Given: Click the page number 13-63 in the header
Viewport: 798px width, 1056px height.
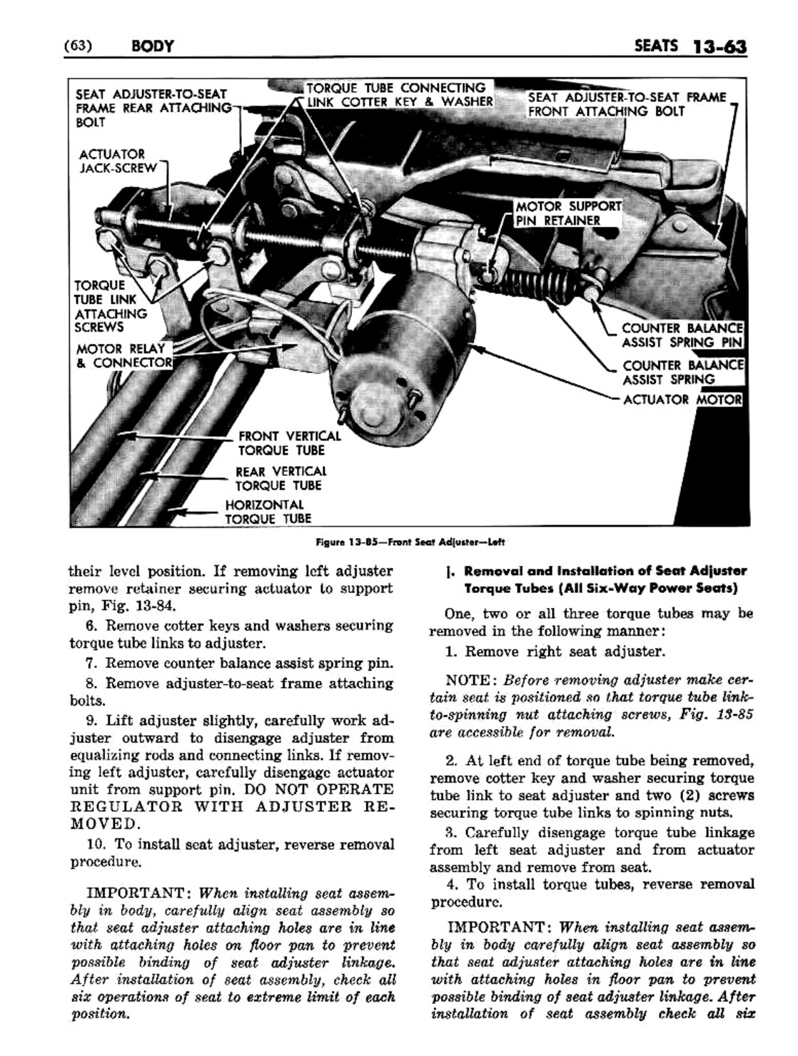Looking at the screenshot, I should pos(718,47).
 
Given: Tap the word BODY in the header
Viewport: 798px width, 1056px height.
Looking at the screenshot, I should pos(152,47).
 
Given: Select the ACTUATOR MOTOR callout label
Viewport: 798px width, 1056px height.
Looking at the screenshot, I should pos(682,400).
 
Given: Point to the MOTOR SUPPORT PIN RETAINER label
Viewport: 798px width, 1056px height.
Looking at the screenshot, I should pos(568,213).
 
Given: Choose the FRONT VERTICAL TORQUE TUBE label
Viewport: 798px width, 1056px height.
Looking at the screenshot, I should pos(289,443).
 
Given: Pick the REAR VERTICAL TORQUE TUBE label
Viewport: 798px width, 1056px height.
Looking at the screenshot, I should pos(281,478).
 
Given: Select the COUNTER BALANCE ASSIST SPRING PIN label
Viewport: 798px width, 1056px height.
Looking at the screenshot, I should pos(682,335).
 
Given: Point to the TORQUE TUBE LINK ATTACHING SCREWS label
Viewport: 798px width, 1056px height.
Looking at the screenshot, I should pos(111,306).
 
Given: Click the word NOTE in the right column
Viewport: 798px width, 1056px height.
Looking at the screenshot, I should pos(469,679).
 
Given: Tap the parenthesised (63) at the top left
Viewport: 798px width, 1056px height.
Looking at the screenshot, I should pos(76,47).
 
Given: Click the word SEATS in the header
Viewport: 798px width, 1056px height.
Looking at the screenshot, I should pos(655,47).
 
